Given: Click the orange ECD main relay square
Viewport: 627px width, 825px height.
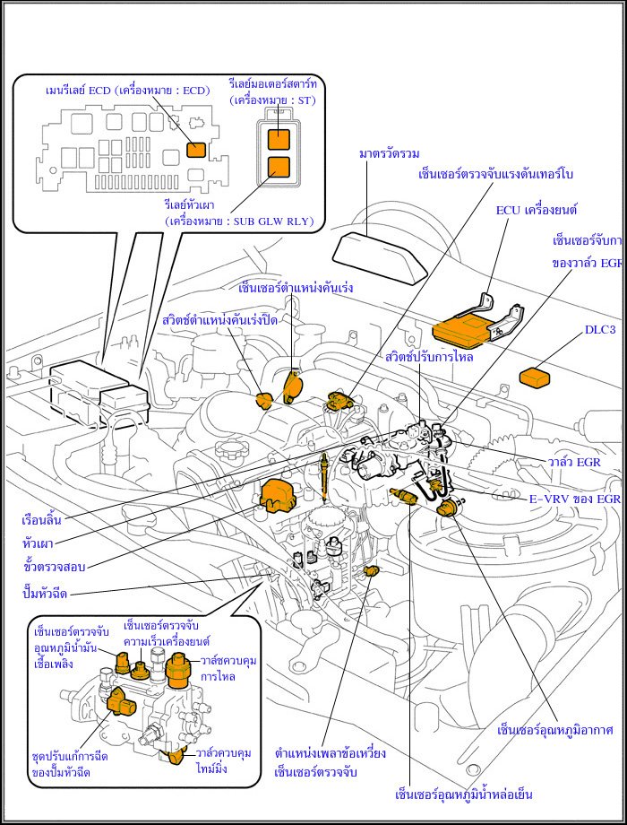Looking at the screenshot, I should coord(194,150).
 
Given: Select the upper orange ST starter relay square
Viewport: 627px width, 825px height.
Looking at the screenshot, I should coord(279,137).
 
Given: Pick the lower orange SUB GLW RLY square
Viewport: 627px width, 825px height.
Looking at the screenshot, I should coord(279,166).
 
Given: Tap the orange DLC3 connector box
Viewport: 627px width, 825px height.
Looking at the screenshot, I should coord(535,378).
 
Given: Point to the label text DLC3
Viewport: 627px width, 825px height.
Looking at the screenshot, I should coord(600,330).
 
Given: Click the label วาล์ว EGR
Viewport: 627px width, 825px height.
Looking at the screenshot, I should coord(574,463).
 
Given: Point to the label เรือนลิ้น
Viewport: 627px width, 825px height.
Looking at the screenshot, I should coord(43,520).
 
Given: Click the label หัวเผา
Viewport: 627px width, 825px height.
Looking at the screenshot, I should coord(38,543).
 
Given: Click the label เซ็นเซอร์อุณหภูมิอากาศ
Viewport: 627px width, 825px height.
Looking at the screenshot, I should coord(554,731).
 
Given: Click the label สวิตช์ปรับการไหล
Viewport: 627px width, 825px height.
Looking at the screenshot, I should coord(430,357).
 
